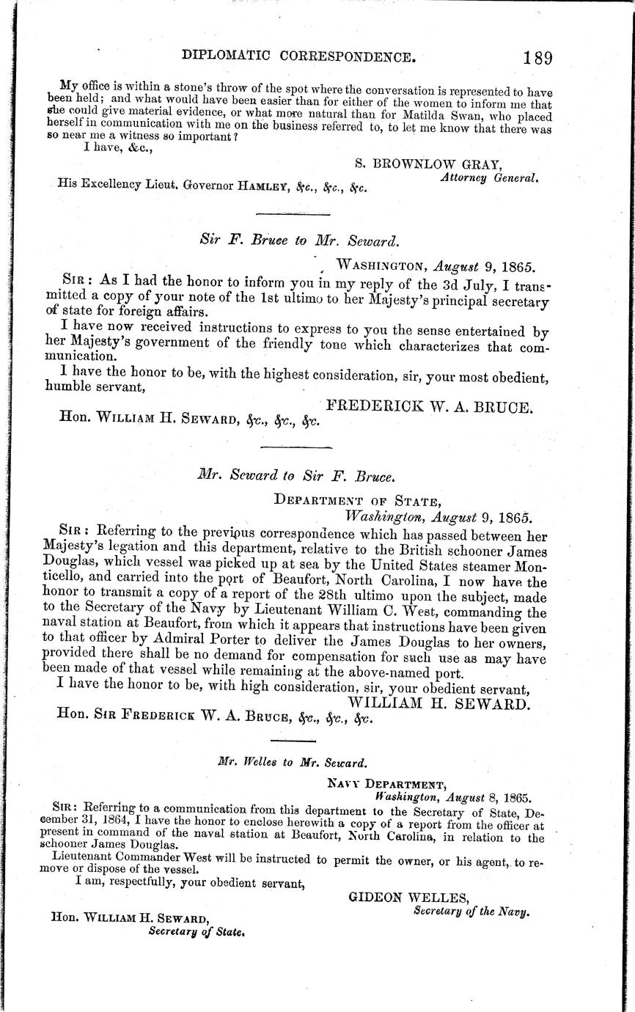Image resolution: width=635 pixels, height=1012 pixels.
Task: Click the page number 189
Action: click(532, 57)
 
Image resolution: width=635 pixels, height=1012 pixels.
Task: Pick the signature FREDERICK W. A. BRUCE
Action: click(428, 406)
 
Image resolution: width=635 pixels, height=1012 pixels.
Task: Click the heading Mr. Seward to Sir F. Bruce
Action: click(296, 475)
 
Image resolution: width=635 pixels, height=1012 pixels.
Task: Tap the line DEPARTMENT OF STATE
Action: click(357, 501)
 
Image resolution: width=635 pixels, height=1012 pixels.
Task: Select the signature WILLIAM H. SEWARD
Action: click(438, 703)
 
